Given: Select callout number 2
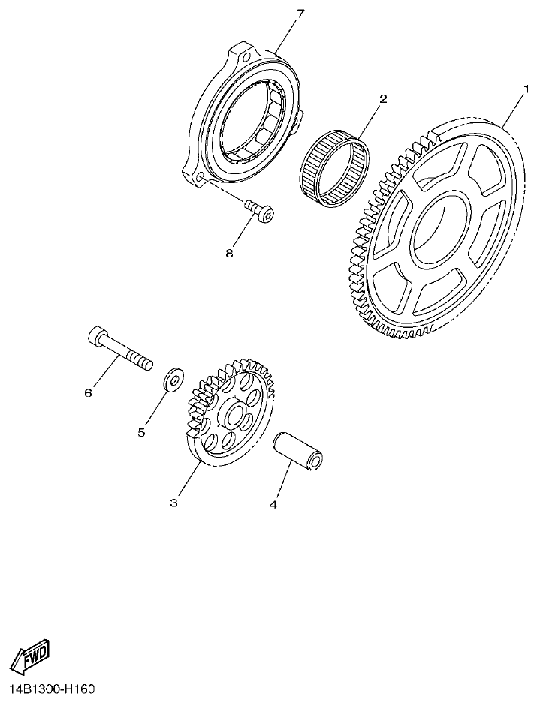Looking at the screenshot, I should click(x=383, y=99).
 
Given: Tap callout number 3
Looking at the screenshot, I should click(x=173, y=503).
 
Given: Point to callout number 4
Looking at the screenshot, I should click(x=273, y=505).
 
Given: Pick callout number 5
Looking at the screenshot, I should click(x=141, y=432).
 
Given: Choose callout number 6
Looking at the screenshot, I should click(x=88, y=392).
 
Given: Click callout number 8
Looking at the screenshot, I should click(x=229, y=253).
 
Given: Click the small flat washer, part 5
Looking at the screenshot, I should click(x=173, y=377).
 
